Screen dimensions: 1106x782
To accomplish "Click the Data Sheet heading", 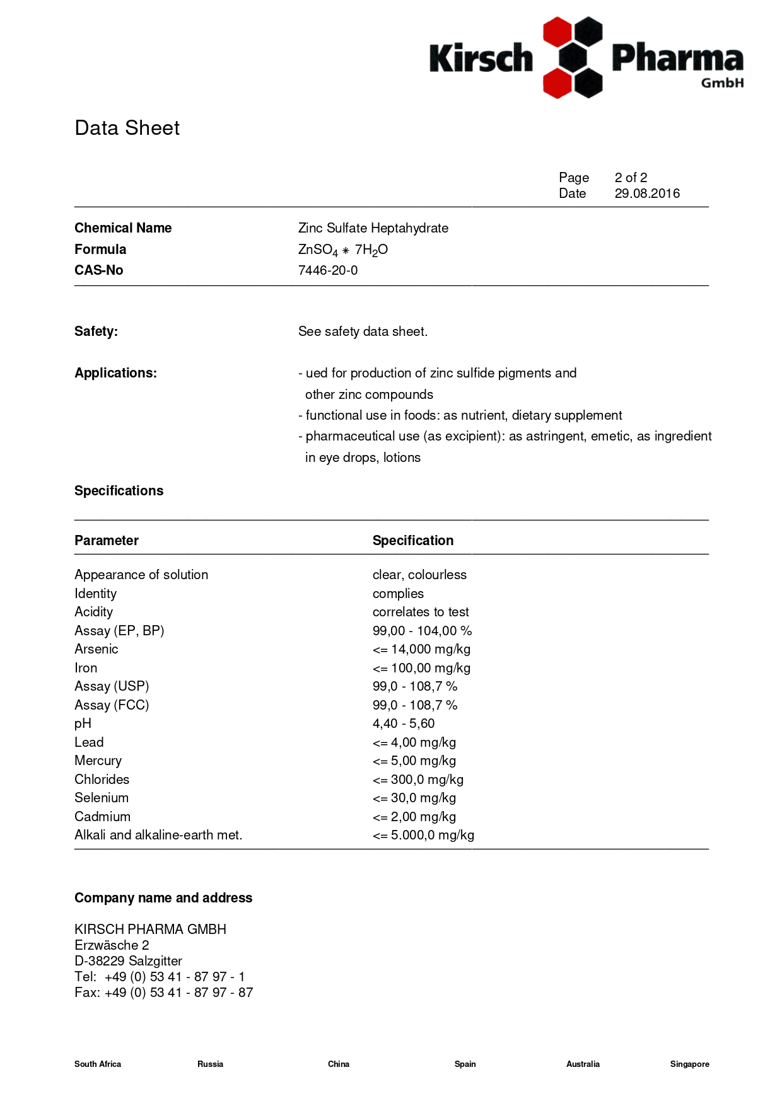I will click(127, 128).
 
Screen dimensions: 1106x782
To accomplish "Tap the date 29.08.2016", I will click(647, 193).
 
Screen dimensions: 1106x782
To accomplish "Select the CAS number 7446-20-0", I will click(327, 270).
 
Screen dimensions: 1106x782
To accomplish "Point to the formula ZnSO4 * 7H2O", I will click(342, 250).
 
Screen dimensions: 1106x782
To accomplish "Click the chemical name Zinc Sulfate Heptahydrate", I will click(373, 228).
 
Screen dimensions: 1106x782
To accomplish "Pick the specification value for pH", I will click(403, 723).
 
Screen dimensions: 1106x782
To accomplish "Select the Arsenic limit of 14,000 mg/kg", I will click(421, 649).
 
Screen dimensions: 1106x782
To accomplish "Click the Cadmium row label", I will click(102, 817).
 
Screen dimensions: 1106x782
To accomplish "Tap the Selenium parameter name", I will click(102, 798).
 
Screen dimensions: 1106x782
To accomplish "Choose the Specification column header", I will click(412, 541).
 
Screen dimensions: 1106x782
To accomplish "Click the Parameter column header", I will click(106, 541).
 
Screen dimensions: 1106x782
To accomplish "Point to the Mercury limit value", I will click(414, 761).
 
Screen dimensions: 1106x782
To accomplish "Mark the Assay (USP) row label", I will click(112, 686).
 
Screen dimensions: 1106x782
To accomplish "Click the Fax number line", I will click(163, 993).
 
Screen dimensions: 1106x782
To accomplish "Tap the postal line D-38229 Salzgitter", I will click(128, 961).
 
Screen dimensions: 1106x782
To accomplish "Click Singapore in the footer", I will click(689, 1064).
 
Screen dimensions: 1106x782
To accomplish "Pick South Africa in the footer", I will click(98, 1064).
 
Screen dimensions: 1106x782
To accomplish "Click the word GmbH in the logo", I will click(722, 83).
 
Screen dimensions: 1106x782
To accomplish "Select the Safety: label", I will click(96, 331).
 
